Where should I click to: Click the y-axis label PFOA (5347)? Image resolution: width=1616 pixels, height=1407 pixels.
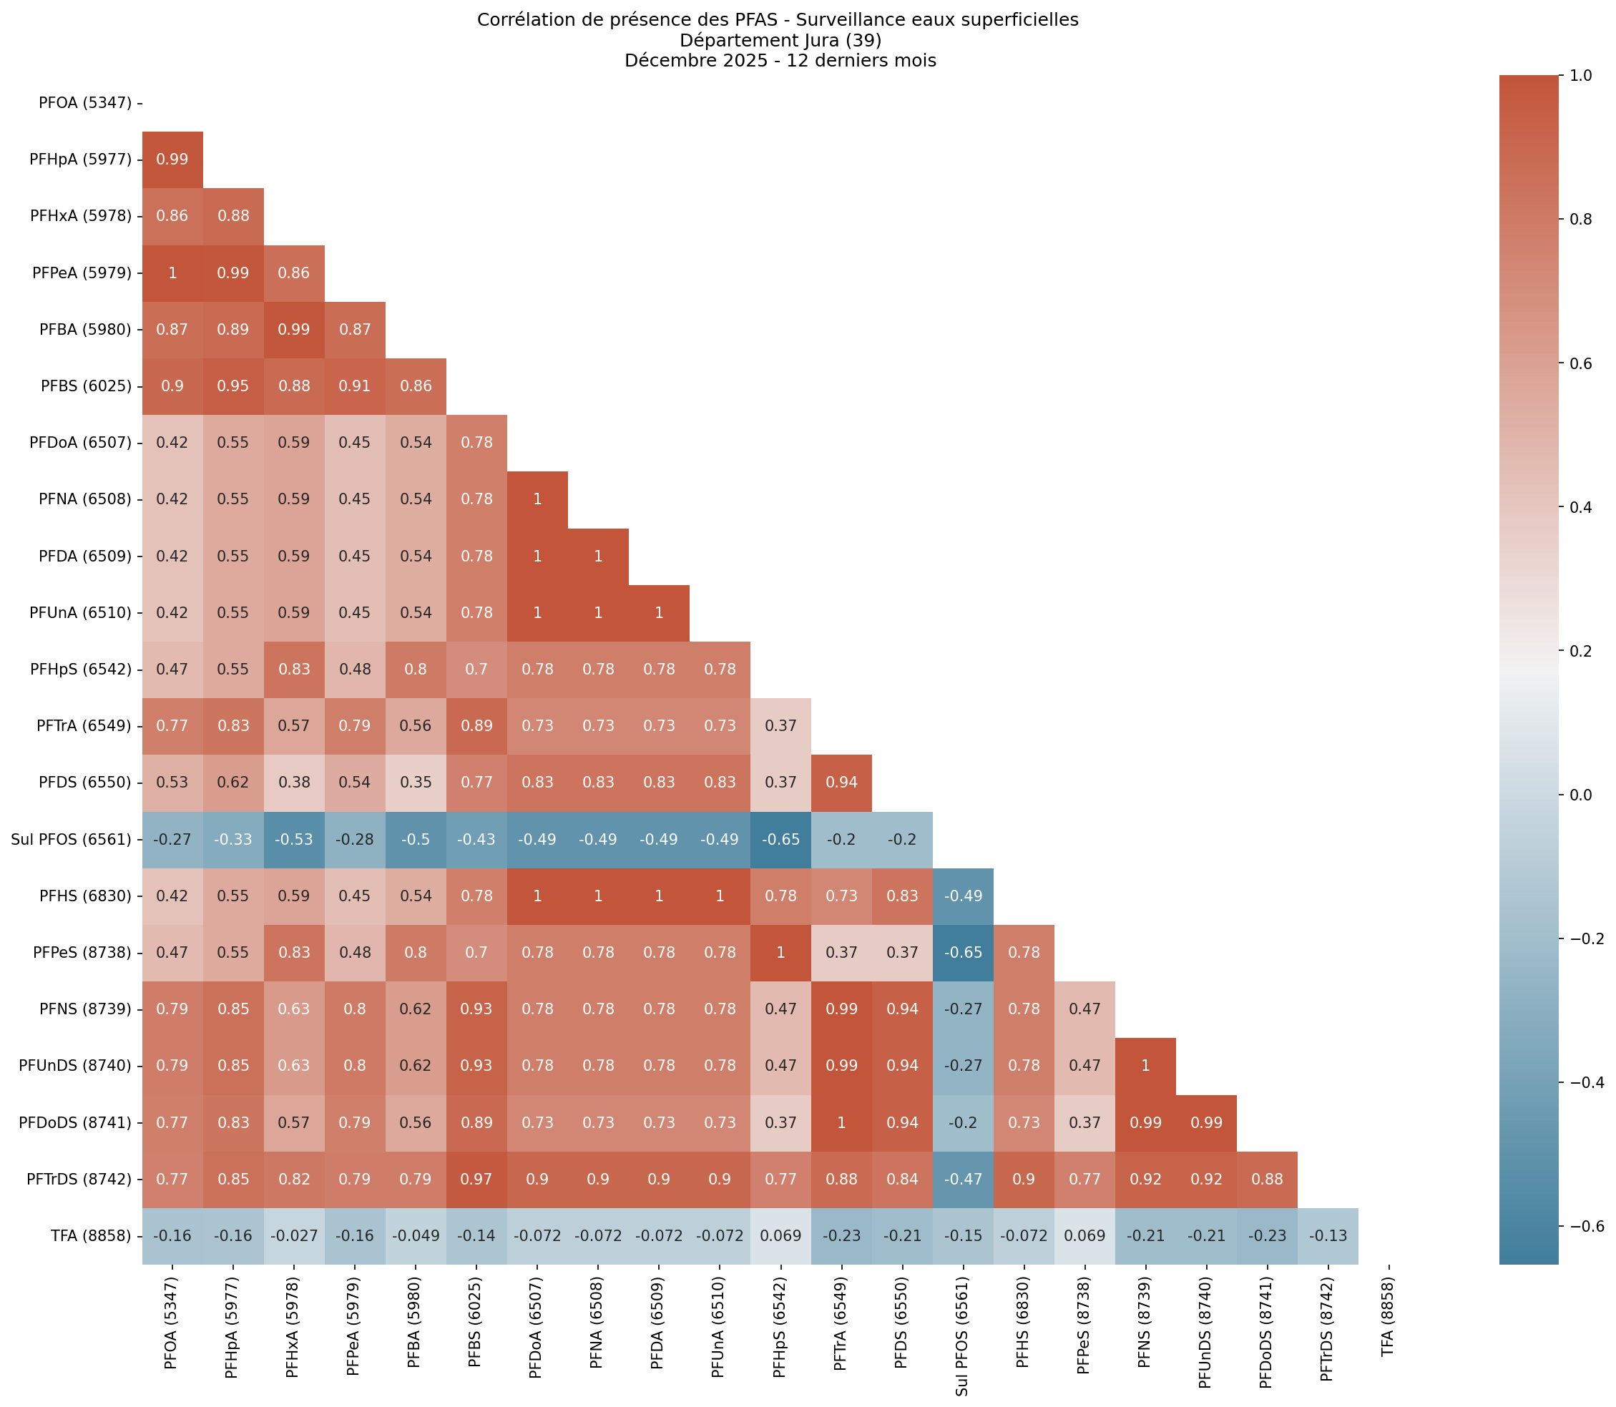click(85, 102)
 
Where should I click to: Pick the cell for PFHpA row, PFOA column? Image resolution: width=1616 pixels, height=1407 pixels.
click(172, 160)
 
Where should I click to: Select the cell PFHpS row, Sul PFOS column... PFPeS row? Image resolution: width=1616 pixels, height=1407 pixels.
click(963, 952)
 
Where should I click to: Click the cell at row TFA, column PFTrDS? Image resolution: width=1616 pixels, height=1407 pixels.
click(1327, 1236)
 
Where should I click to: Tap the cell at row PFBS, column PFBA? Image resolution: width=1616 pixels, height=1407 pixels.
click(416, 386)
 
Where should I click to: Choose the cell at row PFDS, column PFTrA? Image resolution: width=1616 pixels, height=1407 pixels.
click(841, 783)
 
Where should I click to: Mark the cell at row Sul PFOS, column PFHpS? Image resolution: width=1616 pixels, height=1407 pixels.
click(780, 839)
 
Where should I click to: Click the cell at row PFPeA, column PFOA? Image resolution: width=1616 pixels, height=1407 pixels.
click(172, 273)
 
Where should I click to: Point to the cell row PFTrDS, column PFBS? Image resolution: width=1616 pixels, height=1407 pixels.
click(476, 1180)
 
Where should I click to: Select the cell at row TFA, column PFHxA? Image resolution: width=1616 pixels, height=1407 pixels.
click(294, 1236)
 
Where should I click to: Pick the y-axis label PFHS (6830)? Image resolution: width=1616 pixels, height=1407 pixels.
click(87, 896)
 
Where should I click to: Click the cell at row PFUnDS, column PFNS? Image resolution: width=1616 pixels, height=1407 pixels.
click(1145, 1067)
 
